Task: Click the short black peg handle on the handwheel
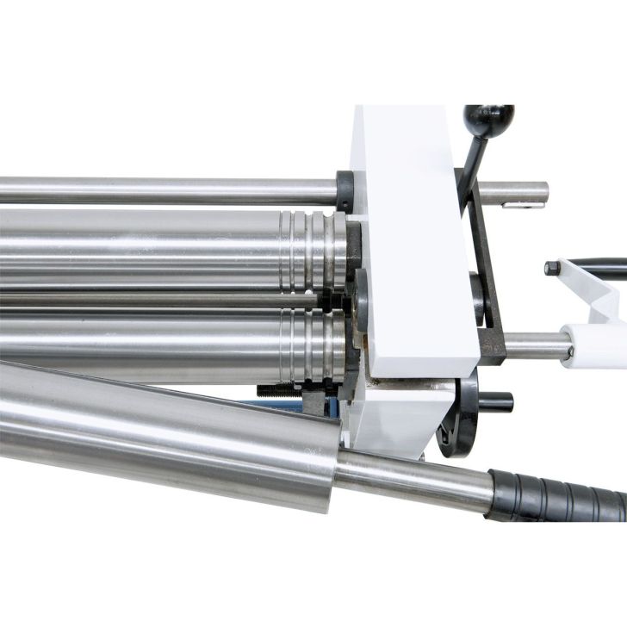click(496, 401)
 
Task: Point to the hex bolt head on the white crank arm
click(553, 268)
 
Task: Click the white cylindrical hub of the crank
click(594, 345)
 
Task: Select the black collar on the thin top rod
click(345, 191)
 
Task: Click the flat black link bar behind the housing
click(487, 284)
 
